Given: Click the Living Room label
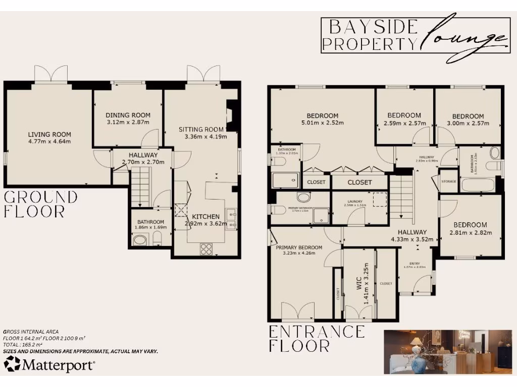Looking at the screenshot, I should [49, 135].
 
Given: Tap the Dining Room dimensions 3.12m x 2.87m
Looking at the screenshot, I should [128, 122].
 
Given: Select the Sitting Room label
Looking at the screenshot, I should [201, 130].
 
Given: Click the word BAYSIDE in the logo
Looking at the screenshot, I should [359, 26].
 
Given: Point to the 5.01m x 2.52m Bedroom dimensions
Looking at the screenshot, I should [322, 122].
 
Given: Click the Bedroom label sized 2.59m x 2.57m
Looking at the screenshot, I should [404, 115].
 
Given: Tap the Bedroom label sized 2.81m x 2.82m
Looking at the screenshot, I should [470, 225].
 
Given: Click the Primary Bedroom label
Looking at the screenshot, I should [299, 247].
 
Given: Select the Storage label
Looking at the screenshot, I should [448, 181].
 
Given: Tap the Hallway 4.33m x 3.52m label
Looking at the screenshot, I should [412, 232].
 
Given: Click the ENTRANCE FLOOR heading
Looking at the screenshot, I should [316, 339].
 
